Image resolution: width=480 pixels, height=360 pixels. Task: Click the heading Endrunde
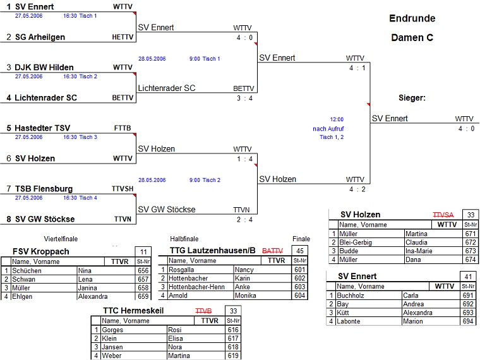coord(412,18)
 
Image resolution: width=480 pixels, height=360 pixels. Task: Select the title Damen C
coord(412,38)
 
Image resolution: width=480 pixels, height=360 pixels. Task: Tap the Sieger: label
coord(412,98)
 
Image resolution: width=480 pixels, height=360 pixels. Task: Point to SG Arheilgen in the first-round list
coord(40,37)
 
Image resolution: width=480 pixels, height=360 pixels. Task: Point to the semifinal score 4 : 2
coord(356,189)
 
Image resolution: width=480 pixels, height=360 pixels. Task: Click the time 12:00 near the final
coord(337,119)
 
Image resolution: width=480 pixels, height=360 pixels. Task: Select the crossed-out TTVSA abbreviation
coord(443,215)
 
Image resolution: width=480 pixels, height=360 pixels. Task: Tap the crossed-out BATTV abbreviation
coord(272,251)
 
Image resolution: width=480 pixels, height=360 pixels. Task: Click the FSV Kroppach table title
coord(41,251)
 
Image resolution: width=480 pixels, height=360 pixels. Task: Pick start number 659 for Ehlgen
coord(143,296)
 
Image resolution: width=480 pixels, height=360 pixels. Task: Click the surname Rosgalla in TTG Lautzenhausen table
coord(184,270)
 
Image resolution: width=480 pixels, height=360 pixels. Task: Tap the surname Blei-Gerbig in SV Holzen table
coord(357,242)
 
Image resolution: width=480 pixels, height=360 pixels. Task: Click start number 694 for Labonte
coord(468,321)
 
